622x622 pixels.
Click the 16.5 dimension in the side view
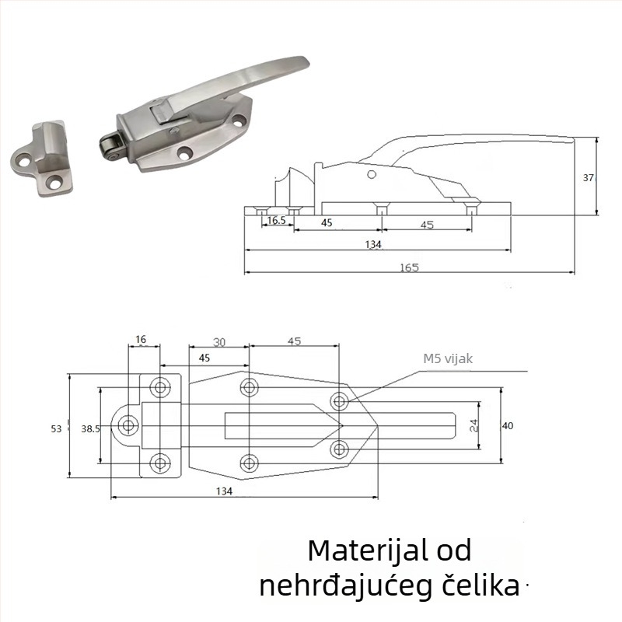pyautogui.click(x=277, y=220)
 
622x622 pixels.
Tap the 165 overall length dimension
pyautogui.click(x=410, y=267)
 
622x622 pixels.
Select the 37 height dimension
pyautogui.click(x=589, y=178)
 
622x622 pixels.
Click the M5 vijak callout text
pyautogui.click(x=448, y=358)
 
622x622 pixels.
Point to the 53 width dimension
pyautogui.click(x=56, y=428)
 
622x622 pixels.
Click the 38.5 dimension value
pyautogui.click(x=90, y=428)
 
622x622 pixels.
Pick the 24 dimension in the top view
pyautogui.click(x=474, y=425)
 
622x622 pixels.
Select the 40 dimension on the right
pyautogui.click(x=508, y=425)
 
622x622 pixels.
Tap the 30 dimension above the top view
pyautogui.click(x=219, y=341)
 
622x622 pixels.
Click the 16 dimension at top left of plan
pyautogui.click(x=141, y=339)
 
